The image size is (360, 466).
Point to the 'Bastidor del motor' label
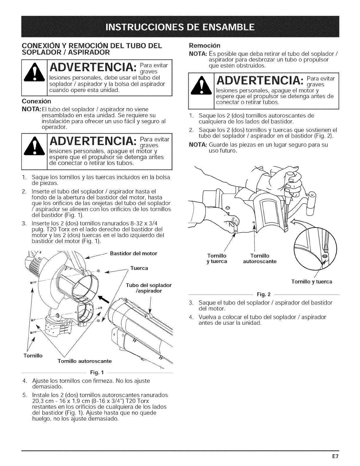tap(134, 253)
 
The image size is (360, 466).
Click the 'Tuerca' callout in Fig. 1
tap(139, 268)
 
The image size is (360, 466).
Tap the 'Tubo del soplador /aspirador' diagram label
tap(149, 288)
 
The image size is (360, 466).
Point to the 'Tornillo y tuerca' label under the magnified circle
tap(311, 282)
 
